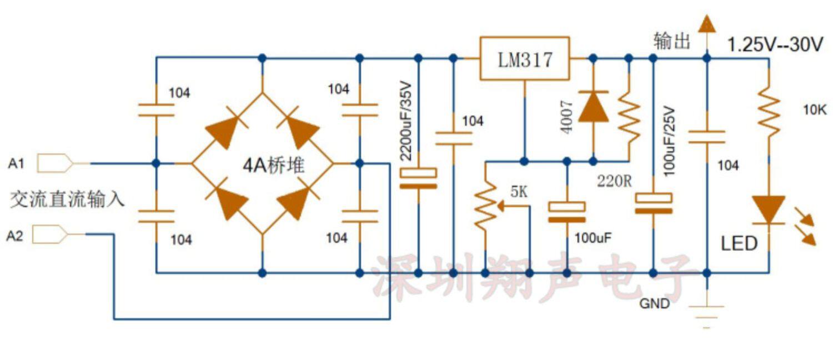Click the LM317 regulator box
pyautogui.click(x=524, y=59)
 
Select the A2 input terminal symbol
pyautogui.click(x=50, y=234)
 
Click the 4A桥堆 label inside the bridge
pyautogui.click(x=273, y=165)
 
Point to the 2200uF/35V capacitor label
pyautogui.click(x=405, y=122)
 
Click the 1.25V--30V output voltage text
pyautogui.click(x=775, y=44)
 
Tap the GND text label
pyautogui.click(x=654, y=304)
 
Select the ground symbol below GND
pyautogui.click(x=706, y=314)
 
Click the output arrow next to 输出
pyautogui.click(x=706, y=25)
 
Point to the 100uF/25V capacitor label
pyautogui.click(x=669, y=141)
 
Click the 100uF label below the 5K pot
pyautogui.click(x=593, y=238)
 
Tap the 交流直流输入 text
pyautogui.click(x=67, y=199)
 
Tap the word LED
pyautogui.click(x=739, y=243)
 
